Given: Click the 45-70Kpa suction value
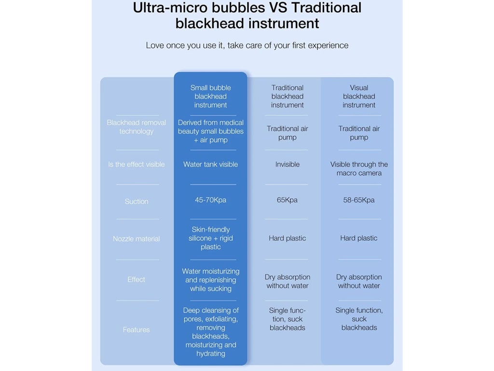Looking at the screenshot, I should pyautogui.click(x=210, y=200).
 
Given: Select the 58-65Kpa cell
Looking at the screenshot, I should pyautogui.click(x=359, y=200).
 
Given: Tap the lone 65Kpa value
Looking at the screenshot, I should pyautogui.click(x=287, y=200).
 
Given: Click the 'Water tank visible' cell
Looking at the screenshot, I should pyautogui.click(x=210, y=164).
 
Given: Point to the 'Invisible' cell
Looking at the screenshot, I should pyautogui.click(x=287, y=164).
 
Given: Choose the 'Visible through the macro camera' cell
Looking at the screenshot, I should pyautogui.click(x=359, y=169).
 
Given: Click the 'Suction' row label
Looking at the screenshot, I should pyautogui.click(x=137, y=201).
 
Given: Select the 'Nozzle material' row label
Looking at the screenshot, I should pyautogui.click(x=137, y=239).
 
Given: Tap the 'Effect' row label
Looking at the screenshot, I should pyautogui.click(x=137, y=279).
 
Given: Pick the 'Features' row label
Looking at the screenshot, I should pyautogui.click(x=137, y=329).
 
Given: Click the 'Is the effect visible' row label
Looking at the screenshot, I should pyautogui.click(x=137, y=164).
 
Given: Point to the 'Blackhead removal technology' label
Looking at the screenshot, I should pyautogui.click(x=137, y=127).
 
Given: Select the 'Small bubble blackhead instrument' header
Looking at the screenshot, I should pyautogui.click(x=210, y=96).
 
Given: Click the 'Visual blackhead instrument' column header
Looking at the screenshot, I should pyautogui.click(x=359, y=96).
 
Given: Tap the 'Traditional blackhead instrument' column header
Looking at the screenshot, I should pyautogui.click(x=287, y=96).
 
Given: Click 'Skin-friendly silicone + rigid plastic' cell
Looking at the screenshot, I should pyautogui.click(x=210, y=238).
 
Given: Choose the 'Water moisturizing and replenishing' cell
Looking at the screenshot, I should pyautogui.click(x=210, y=280).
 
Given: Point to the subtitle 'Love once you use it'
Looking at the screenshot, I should pyautogui.click(x=247, y=45).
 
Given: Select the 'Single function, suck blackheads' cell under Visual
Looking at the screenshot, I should pyautogui.click(x=359, y=319).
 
